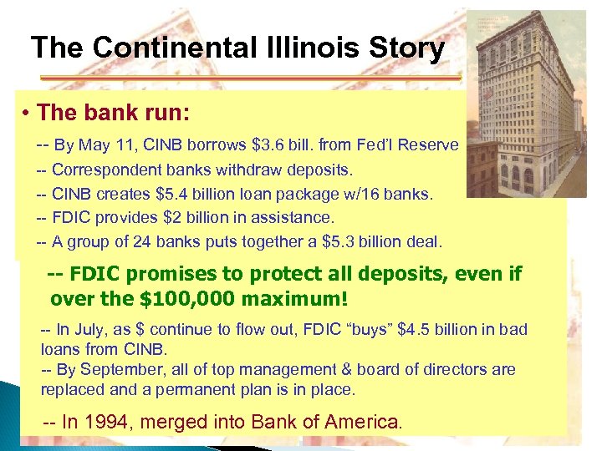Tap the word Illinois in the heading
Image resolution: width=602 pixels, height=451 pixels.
click(303, 48)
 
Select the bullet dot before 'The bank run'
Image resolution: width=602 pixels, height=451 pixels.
click(27, 113)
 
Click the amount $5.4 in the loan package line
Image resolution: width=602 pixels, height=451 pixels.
click(174, 195)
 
